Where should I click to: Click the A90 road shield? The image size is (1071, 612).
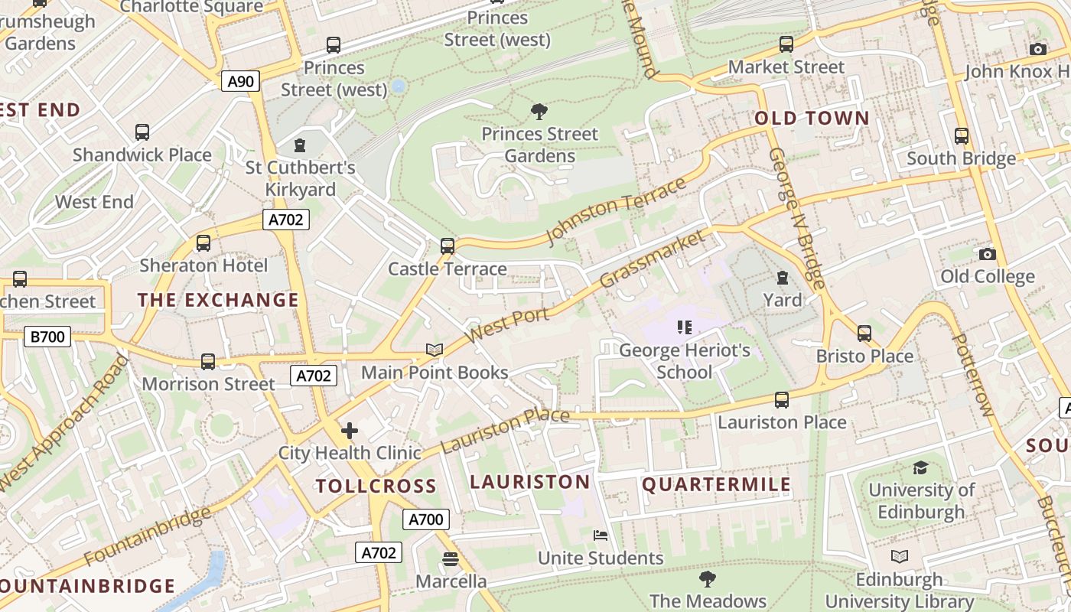click(241, 81)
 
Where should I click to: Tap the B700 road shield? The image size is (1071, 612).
click(47, 336)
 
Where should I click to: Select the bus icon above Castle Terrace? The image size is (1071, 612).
click(448, 246)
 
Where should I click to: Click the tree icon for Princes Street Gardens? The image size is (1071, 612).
click(539, 112)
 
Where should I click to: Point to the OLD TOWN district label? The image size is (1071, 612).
click(812, 119)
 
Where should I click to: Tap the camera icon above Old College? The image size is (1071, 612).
click(988, 254)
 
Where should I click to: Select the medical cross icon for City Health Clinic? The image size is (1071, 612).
click(350, 431)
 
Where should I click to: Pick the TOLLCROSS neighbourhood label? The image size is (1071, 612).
click(376, 486)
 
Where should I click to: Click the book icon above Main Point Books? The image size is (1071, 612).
click(435, 350)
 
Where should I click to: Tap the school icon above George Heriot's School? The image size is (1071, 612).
click(685, 328)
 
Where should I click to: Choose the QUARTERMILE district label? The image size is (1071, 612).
click(716, 484)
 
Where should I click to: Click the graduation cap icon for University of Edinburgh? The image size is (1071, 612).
click(921, 467)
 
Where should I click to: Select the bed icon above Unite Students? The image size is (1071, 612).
click(601, 535)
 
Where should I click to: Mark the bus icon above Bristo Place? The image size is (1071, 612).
click(864, 334)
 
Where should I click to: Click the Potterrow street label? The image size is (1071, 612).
click(973, 375)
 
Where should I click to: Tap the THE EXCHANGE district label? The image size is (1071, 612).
click(218, 300)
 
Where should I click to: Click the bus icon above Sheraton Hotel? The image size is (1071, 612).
click(203, 243)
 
